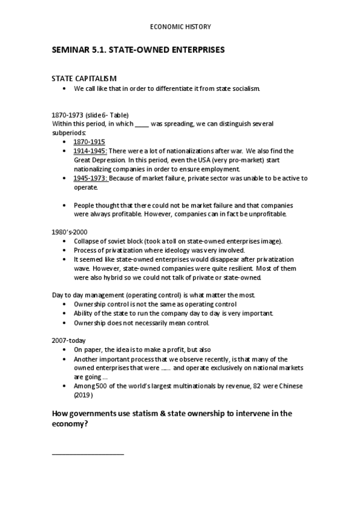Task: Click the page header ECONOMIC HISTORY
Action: click(x=180, y=27)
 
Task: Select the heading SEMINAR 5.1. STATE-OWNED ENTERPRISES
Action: click(x=139, y=51)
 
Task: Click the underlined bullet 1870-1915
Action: click(x=89, y=141)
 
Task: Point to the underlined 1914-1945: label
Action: click(x=91, y=151)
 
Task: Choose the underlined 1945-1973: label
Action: click(x=91, y=179)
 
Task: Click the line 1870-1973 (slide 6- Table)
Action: click(x=91, y=115)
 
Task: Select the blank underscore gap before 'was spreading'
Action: click(x=142, y=124)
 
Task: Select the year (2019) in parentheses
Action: click(x=84, y=395)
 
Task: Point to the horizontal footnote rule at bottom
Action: click(x=88, y=453)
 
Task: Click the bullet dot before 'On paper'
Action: click(x=64, y=349)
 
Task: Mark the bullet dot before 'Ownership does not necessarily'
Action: click(x=64, y=323)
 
